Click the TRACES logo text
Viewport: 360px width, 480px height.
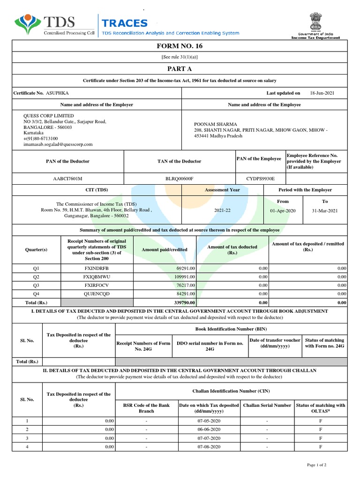pyautogui.click(x=125, y=23)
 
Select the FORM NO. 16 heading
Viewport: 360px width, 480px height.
pyautogui.click(x=180, y=46)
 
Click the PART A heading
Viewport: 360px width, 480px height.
pyautogui.click(x=180, y=68)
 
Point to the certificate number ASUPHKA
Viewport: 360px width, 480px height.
pyautogui.click(x=58, y=93)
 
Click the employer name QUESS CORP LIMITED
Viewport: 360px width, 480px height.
pyautogui.click(x=49, y=116)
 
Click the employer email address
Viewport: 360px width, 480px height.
pyautogui.click(x=58, y=144)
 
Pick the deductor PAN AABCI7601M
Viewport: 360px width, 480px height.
pyautogui.click(x=68, y=179)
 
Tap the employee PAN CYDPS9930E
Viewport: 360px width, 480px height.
pyautogui.click(x=260, y=179)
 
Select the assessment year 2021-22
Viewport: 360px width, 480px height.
pyautogui.click(x=222, y=211)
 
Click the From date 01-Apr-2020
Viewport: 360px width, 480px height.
pyautogui.click(x=283, y=211)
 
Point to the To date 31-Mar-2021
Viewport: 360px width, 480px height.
pyautogui.click(x=324, y=211)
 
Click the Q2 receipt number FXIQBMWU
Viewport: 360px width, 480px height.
pyautogui.click(x=97, y=277)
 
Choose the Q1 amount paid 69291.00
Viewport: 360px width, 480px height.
pyautogui.click(x=186, y=268)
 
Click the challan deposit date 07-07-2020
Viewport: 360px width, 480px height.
pyautogui.click(x=209, y=438)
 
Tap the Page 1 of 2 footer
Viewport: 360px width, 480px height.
pyautogui.click(x=316, y=465)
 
